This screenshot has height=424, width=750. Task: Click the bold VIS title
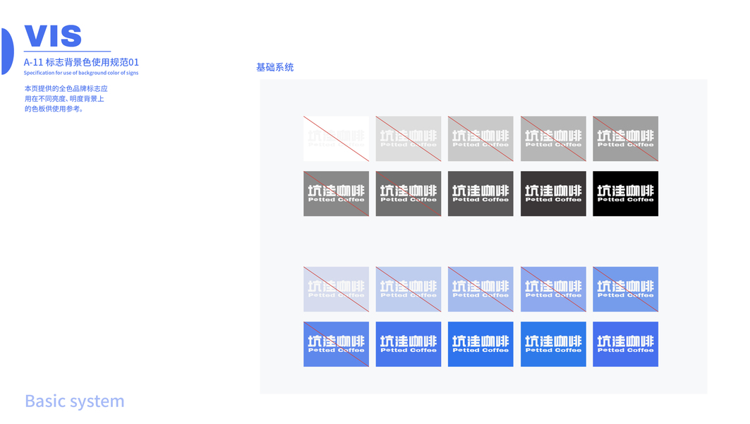pos(53,36)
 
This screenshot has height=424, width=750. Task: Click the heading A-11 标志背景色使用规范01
pos(81,62)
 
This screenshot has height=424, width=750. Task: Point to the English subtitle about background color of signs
pos(81,73)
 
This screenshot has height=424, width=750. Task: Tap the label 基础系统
pos(274,68)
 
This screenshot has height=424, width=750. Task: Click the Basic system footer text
pos(74,401)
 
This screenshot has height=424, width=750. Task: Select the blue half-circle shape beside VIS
pos(6,51)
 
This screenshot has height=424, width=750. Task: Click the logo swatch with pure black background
pos(625,194)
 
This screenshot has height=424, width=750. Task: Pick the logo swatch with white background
pos(336,139)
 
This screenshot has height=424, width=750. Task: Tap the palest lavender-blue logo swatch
pos(336,289)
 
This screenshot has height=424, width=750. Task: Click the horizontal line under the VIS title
pos(67,52)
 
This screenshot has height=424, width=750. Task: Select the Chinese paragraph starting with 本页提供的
pos(66,99)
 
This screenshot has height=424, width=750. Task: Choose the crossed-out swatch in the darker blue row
pos(336,344)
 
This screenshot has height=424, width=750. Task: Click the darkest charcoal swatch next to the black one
pos(553,194)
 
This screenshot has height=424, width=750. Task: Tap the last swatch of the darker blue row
pos(625,344)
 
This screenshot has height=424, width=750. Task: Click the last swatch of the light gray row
pos(625,139)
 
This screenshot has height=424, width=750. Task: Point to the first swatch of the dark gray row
pos(336,194)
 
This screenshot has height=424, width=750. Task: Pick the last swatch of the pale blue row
pos(625,289)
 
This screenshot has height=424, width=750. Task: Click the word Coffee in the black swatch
pos(641,200)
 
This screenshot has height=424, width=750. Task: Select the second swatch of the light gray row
pos(409,139)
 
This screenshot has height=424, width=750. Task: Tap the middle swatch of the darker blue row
pos(480,344)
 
